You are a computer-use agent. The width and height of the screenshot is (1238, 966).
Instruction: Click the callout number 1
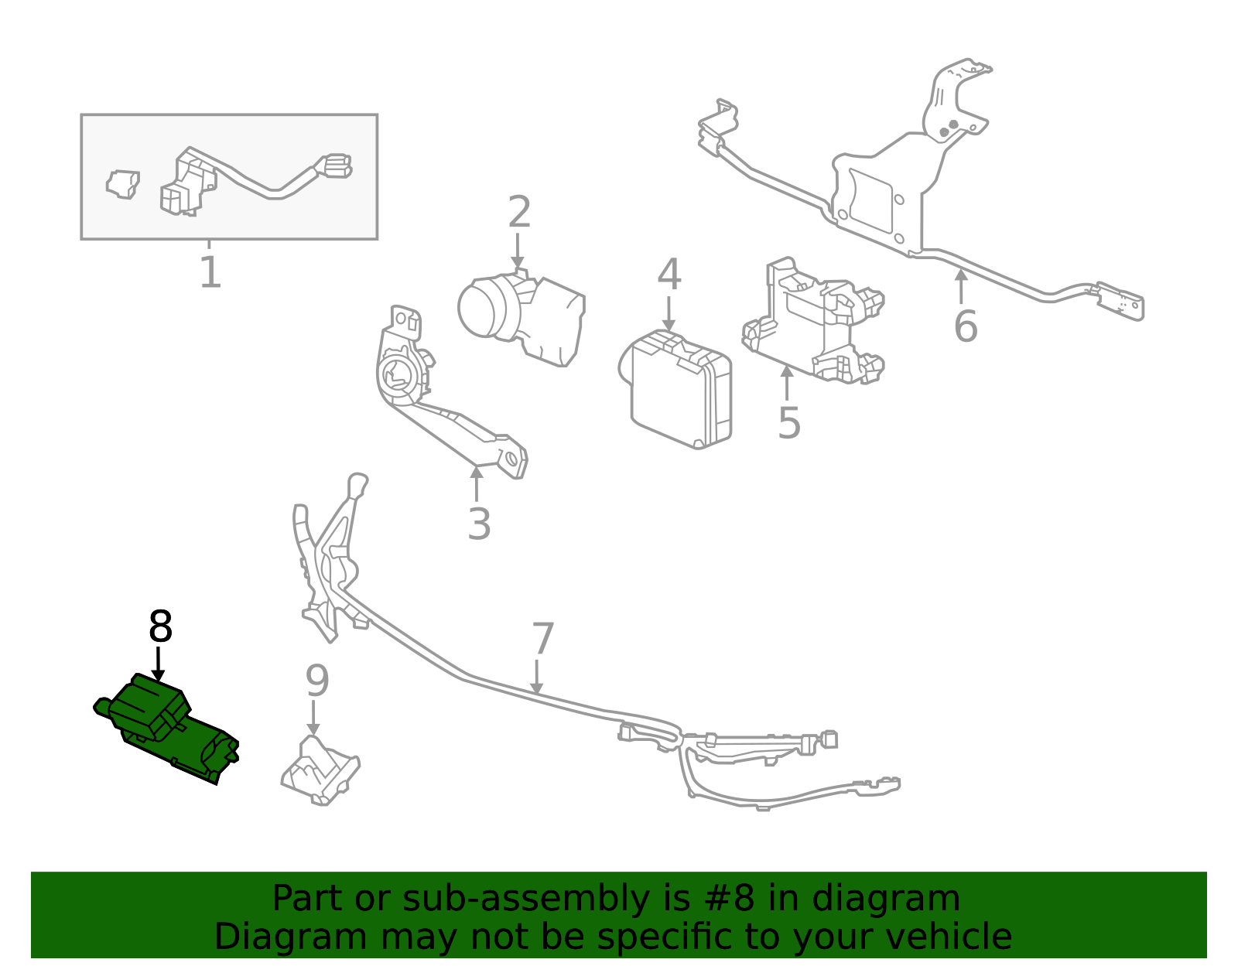coord(210,272)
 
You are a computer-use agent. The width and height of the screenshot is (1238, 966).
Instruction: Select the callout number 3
coord(479,524)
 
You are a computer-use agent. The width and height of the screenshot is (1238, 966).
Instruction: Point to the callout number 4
coord(669,275)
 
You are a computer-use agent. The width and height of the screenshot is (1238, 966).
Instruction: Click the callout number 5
coord(788,423)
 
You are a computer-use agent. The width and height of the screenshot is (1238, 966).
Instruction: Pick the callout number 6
coord(965,326)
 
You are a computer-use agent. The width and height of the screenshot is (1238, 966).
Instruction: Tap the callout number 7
coord(543,639)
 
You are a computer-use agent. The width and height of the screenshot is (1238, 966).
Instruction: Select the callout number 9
coord(317,681)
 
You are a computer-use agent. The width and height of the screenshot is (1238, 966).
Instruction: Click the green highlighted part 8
coord(166,727)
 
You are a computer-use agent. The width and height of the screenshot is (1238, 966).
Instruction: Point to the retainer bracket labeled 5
coord(812,325)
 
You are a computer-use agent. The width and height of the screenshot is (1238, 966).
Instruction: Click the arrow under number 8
coord(159,665)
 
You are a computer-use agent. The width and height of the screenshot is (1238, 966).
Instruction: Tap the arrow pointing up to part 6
coord(961,286)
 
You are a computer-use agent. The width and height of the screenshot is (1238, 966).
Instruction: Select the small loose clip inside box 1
coord(122,183)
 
